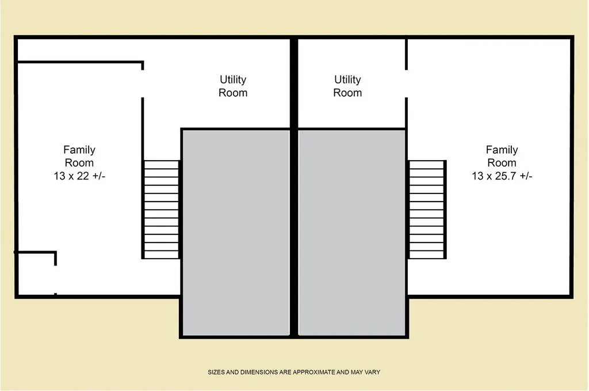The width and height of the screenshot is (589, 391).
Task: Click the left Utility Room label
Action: (x=233, y=86)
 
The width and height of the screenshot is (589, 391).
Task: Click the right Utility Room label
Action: (x=347, y=86)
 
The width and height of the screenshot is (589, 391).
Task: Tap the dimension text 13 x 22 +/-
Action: (x=79, y=176)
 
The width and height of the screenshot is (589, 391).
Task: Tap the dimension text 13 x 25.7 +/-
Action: (x=502, y=176)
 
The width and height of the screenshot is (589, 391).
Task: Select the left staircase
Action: (x=161, y=210)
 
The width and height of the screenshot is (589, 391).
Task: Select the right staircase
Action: (x=426, y=210)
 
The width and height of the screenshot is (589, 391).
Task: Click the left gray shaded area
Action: (x=235, y=232)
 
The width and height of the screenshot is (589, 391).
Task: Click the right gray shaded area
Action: (x=352, y=232)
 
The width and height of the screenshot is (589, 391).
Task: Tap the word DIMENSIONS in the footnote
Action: (x=258, y=372)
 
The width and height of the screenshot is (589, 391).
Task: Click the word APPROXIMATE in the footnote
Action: (x=313, y=372)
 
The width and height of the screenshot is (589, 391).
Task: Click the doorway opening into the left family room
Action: (x=143, y=84)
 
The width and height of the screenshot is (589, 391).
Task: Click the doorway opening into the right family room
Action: (x=406, y=84)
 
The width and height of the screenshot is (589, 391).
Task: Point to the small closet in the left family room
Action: (x=36, y=274)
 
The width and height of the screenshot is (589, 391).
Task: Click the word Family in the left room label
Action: (x=79, y=150)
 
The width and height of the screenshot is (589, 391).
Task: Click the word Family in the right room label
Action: (x=502, y=150)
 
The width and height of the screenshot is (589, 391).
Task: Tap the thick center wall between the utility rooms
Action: (x=294, y=83)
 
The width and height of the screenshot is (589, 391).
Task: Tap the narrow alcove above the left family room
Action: (x=79, y=50)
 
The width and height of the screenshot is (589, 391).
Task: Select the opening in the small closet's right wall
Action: (x=56, y=279)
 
